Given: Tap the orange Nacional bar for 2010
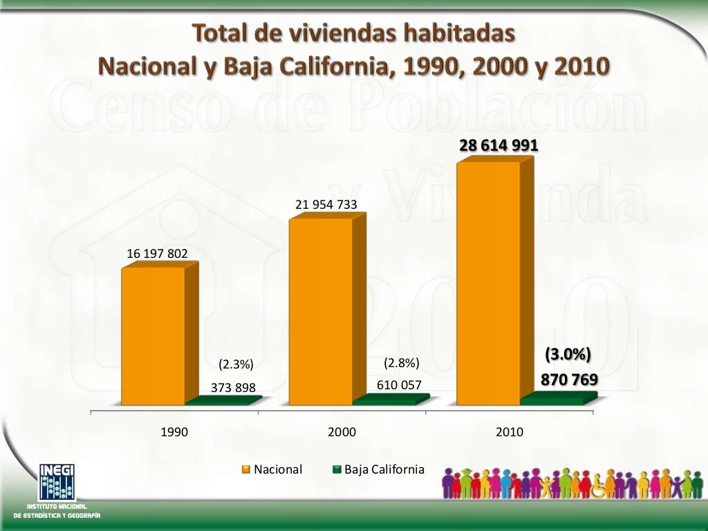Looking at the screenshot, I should click(487, 283).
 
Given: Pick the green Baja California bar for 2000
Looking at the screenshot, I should click(386, 400).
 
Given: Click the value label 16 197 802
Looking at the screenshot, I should click(157, 254).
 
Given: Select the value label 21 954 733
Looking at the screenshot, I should click(326, 204).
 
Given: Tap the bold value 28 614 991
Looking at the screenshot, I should click(499, 146).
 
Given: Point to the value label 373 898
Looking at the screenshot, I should click(233, 388).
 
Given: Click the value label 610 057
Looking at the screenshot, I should click(398, 385).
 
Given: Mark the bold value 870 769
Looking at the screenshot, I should click(569, 380).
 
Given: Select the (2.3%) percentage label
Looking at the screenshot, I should click(236, 364).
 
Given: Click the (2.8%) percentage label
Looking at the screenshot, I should click(402, 363).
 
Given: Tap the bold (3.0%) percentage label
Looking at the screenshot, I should click(568, 355).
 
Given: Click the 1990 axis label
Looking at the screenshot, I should click(174, 432).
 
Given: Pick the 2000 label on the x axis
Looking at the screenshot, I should click(342, 432).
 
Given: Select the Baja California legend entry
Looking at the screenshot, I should click(378, 469).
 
